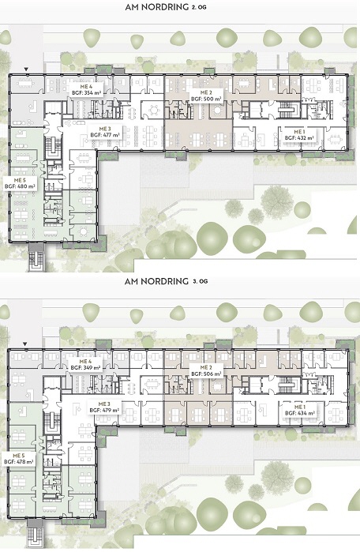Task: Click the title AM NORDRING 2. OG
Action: [x=166, y=7]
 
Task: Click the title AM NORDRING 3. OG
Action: [x=166, y=281]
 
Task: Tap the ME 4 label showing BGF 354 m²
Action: [x=86, y=89]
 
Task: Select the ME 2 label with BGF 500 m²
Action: [x=206, y=96]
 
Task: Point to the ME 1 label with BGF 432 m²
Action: [x=299, y=135]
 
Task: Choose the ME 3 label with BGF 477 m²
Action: [x=104, y=131]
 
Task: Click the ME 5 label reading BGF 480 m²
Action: [x=20, y=183]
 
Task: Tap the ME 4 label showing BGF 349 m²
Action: [x=85, y=364]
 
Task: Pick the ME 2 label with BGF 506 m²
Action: [x=206, y=370]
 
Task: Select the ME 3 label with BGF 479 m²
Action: [x=104, y=407]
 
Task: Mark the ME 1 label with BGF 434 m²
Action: [x=299, y=410]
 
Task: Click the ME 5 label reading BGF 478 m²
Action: [x=19, y=459]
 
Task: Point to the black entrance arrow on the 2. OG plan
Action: [x=26, y=69]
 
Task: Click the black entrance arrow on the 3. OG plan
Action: [x=24, y=344]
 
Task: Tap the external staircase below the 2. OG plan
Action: [x=36, y=257]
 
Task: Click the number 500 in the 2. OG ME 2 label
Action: [x=208, y=100]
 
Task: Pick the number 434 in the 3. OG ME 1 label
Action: [x=302, y=413]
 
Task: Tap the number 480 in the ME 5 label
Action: [x=22, y=187]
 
